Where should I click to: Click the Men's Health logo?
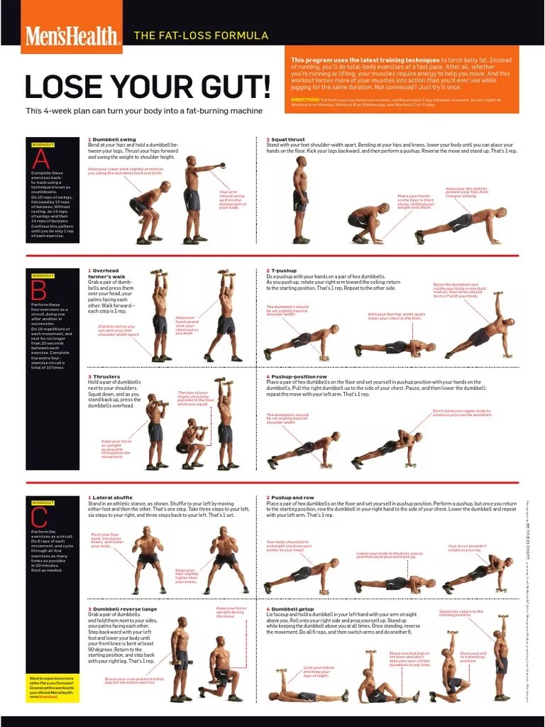pyautogui.click(x=71, y=35)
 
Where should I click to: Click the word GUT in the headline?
pyautogui.click(x=234, y=87)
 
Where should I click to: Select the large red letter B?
pyautogui.click(x=40, y=290)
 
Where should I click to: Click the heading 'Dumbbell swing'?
pyautogui.click(x=114, y=140)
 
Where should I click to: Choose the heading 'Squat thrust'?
pyautogui.click(x=288, y=140)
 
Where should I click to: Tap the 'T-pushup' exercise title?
pyautogui.click(x=283, y=270)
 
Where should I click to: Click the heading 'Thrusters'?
pyautogui.click(x=105, y=376)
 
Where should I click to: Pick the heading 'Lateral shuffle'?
pyautogui.click(x=114, y=498)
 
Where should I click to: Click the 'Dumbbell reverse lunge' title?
pyautogui.click(x=123, y=609)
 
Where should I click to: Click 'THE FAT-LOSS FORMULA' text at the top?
pyautogui.click(x=201, y=35)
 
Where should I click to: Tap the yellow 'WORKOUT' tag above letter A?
pyautogui.click(x=43, y=144)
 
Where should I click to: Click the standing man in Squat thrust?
pyautogui.click(x=301, y=200)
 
